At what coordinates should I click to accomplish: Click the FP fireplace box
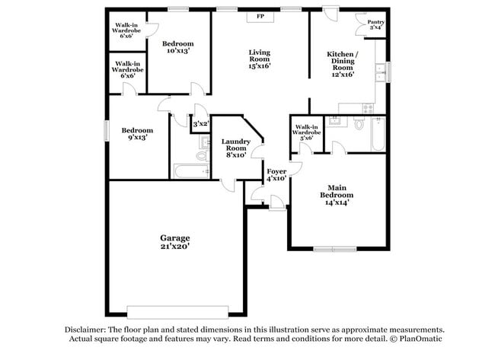260,15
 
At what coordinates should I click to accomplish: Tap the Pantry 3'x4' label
375,25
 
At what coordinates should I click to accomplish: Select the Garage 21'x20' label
174,242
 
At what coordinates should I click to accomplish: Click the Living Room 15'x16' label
260,59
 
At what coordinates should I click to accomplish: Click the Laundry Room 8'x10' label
236,148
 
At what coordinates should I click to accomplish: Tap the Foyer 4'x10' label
276,175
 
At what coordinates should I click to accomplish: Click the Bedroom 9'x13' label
138,134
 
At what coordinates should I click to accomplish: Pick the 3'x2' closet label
200,124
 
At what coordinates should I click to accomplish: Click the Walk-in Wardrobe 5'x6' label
307,133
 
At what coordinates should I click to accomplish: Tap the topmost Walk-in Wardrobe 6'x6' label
126,30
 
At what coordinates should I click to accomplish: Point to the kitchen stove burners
369,108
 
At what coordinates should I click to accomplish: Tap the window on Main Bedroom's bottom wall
335,248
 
